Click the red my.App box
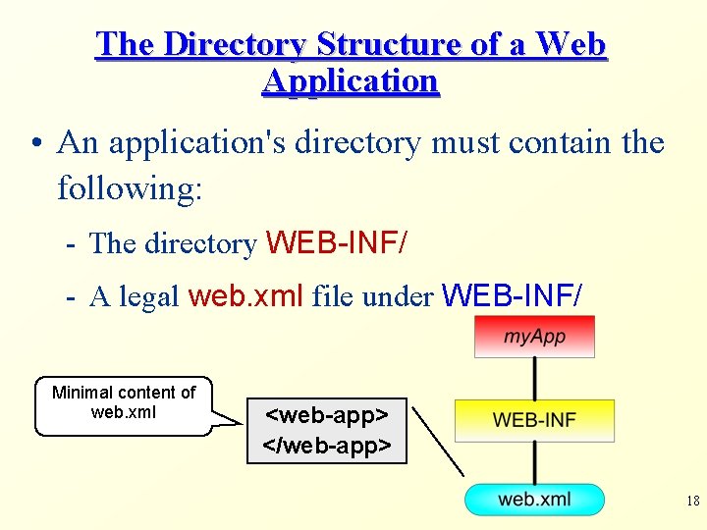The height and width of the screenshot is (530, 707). [534, 337]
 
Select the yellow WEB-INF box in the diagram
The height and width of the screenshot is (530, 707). [534, 420]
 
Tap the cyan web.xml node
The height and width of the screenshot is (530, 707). [533, 500]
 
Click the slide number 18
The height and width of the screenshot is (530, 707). [692, 502]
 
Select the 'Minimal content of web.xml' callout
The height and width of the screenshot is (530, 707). [123, 402]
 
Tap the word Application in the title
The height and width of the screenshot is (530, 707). [351, 81]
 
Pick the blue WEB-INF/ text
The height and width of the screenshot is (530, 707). [513, 294]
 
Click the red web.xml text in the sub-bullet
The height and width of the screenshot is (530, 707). [245, 295]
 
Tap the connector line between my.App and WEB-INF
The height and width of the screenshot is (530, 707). [534, 378]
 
